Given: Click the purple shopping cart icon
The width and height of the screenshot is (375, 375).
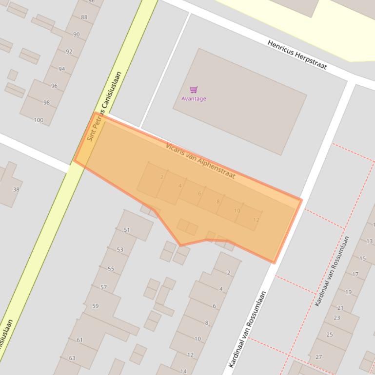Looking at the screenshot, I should coord(194,90).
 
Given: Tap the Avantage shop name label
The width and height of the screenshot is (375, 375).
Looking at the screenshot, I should coord(194,99).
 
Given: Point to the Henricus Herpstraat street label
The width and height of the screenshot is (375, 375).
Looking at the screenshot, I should coord(297,55).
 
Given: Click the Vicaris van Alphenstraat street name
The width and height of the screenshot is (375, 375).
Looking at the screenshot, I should coord(200,161).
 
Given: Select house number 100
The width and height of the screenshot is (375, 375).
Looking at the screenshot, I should coord(39,120).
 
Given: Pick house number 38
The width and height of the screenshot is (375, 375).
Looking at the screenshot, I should coord(16,189).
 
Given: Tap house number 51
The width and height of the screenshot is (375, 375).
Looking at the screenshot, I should coord(127,230).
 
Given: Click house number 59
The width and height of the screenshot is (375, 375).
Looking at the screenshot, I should coord(95,306).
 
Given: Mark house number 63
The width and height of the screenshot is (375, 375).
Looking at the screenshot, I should coord(72,358).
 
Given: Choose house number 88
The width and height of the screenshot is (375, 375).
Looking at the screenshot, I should coord(84,18).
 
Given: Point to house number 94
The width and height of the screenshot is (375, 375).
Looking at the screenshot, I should coord(61,69).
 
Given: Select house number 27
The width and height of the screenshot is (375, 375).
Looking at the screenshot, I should coord(319,357).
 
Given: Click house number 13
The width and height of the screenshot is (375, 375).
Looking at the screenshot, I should coord(369,242).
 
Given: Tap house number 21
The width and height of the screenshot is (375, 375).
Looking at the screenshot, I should coord(340,308).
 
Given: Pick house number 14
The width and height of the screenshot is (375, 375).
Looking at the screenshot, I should coord(183,371).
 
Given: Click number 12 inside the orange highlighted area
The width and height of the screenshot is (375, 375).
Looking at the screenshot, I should coord(256,220).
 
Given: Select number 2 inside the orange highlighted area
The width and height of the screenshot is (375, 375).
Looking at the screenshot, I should coord(162,177).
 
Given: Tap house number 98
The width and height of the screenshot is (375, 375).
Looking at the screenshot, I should coord(46,103).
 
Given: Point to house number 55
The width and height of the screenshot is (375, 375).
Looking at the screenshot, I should coord(111,269).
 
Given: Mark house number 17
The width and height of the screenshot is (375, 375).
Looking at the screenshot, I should coord(355,274).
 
